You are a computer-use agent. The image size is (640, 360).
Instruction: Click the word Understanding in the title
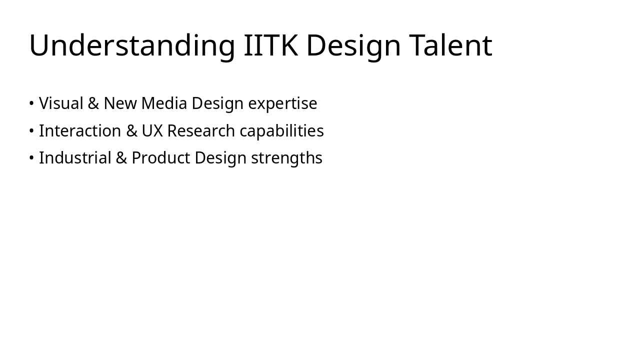132,45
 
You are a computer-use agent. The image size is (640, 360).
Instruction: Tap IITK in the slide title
270,45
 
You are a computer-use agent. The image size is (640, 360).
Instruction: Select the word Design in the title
353,45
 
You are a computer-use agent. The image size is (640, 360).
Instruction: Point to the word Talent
450,45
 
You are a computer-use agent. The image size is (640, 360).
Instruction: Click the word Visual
61,103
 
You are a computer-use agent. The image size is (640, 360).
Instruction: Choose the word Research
201,131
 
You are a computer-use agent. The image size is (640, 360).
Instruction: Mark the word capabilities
281,131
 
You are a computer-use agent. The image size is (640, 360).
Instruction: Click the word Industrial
75,158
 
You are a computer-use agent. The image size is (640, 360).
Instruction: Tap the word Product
160,158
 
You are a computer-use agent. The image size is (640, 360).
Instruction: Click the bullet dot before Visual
31,103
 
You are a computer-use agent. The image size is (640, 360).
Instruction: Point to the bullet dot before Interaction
31,131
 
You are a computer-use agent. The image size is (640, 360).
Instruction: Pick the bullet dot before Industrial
31,158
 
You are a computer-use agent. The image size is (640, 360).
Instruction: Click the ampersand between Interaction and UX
131,131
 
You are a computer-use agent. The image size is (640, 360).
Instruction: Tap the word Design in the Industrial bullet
220,158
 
